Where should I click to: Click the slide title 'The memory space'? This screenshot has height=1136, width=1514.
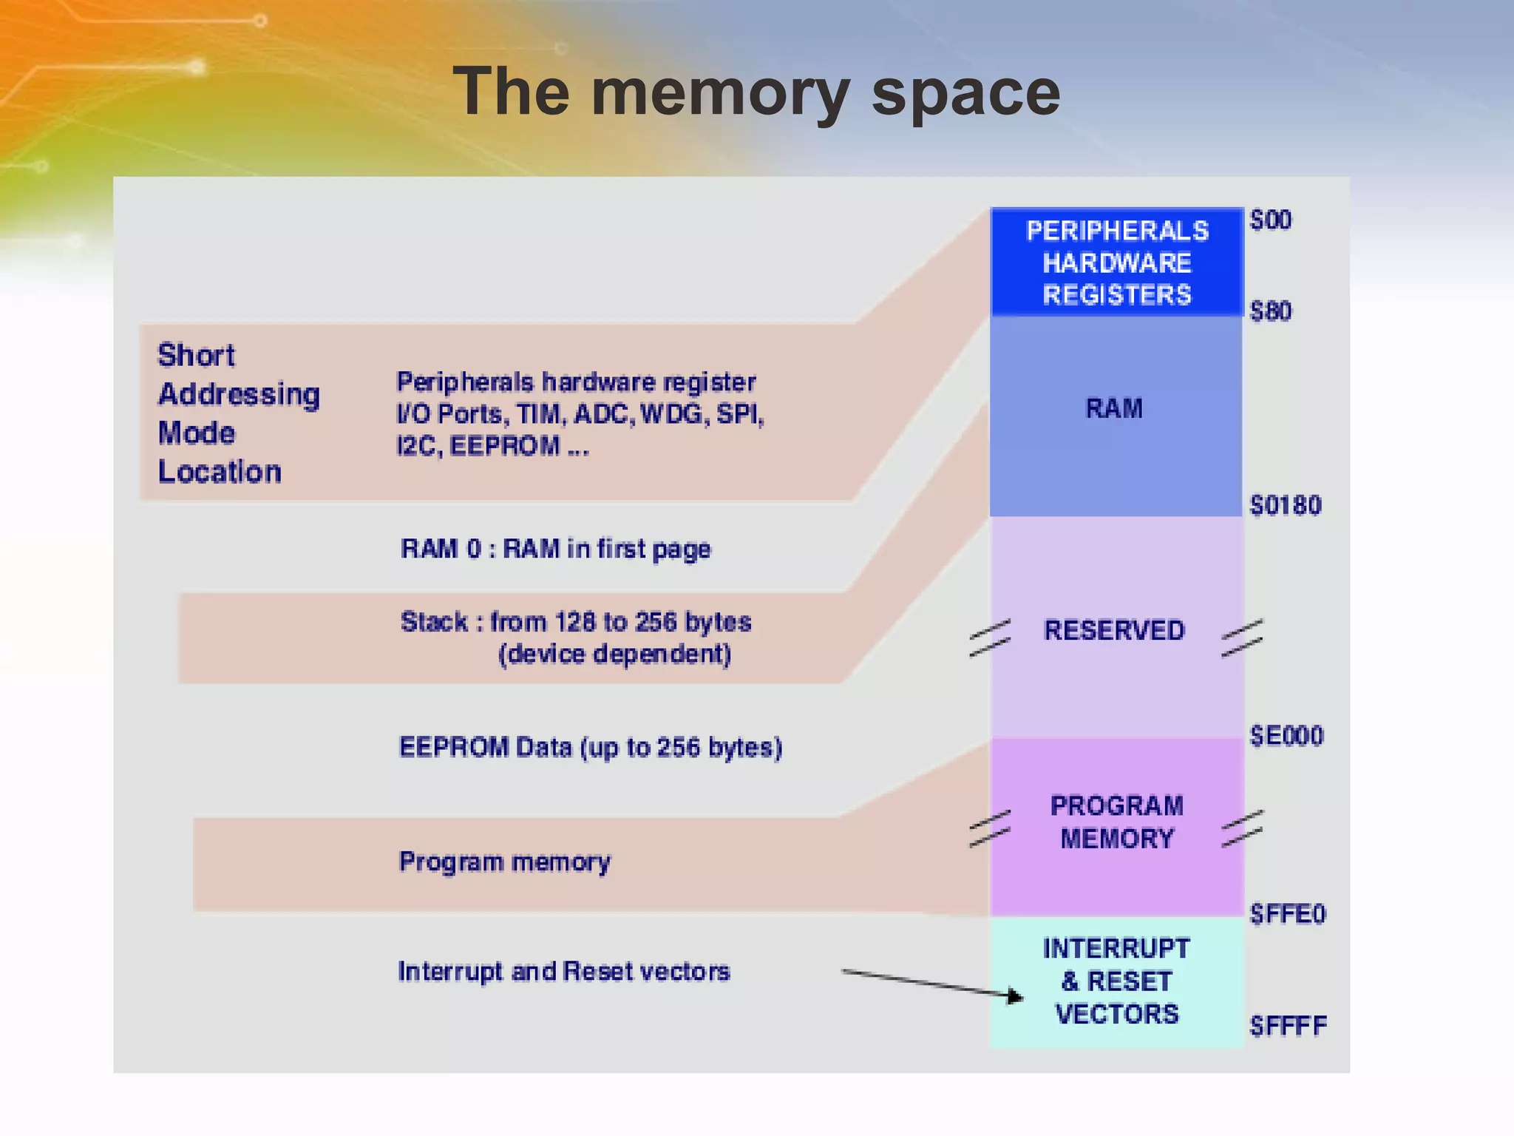(756, 92)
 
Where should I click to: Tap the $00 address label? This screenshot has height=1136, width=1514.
(1270, 220)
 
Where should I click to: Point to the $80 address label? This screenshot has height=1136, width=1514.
(1270, 311)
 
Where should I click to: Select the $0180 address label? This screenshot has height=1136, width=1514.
(1285, 506)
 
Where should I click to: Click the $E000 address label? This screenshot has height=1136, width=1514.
(1286, 737)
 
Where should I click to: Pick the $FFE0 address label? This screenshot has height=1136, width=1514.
(1287, 915)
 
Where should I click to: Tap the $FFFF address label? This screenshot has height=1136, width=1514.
(1288, 1027)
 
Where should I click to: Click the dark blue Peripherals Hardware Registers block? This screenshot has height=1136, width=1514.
(1116, 263)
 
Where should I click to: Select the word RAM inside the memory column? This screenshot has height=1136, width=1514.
(1114, 409)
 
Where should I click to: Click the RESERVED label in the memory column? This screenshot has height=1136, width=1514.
(1114, 631)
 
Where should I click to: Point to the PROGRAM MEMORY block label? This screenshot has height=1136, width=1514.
(1116, 822)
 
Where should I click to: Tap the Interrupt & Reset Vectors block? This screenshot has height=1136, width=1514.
(1116, 981)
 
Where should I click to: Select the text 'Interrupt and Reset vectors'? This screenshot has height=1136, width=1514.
(563, 972)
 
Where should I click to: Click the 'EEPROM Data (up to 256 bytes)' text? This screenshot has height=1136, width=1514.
(590, 748)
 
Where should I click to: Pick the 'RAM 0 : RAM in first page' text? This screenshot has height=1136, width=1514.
(555, 550)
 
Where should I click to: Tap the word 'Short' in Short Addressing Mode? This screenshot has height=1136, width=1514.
(196, 356)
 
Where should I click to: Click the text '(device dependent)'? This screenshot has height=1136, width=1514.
(614, 655)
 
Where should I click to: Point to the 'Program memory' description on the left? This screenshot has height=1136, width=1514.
(504, 862)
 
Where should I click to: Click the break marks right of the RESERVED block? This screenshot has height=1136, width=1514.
(1242, 638)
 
